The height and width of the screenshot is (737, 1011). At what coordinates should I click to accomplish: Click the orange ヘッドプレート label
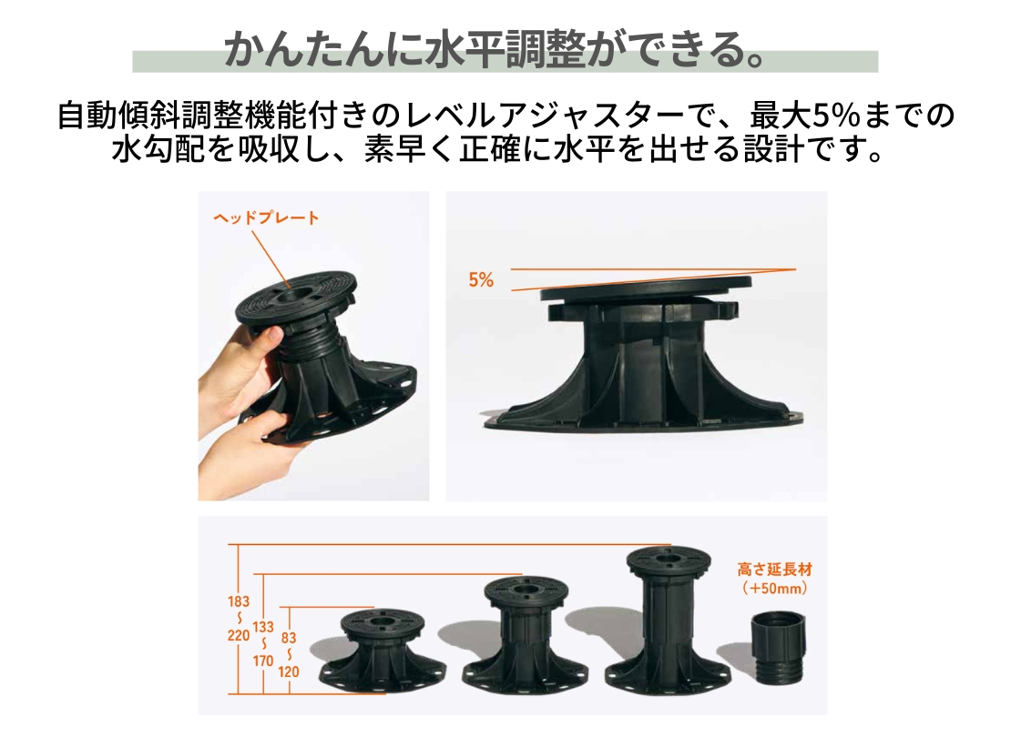click(266, 217)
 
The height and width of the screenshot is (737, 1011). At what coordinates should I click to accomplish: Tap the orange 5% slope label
click(481, 279)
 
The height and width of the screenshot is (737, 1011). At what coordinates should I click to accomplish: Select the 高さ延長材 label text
click(774, 570)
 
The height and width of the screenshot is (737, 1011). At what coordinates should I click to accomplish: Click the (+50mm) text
click(774, 588)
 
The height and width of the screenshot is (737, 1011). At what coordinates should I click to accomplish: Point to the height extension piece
click(778, 649)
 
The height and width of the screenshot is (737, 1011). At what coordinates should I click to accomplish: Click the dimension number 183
click(238, 601)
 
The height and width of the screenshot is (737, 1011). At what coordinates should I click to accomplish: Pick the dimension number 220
click(238, 636)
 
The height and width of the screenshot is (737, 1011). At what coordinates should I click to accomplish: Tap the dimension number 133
click(263, 627)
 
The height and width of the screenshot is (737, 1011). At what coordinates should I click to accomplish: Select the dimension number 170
click(263, 661)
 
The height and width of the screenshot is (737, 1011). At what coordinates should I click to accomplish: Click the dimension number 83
click(288, 638)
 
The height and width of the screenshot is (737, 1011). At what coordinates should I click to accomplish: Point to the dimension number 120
click(288, 671)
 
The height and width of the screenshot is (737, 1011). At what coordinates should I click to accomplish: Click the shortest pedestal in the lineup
click(383, 651)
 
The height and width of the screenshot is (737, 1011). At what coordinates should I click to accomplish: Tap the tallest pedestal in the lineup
click(669, 619)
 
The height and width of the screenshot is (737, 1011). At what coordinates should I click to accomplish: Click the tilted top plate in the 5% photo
click(646, 288)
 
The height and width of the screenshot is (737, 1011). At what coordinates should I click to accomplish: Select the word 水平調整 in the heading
click(505, 50)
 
